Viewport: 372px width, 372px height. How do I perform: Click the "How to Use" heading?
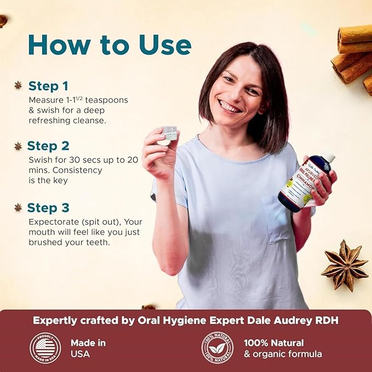click(x=110, y=45)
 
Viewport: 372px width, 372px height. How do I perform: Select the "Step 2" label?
click(x=49, y=146)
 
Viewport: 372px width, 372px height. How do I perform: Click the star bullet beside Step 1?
click(x=18, y=85)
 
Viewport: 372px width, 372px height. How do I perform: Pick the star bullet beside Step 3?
click(x=18, y=207)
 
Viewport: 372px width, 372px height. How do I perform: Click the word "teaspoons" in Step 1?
click(x=105, y=100)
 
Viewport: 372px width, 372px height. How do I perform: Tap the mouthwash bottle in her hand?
click(x=299, y=184)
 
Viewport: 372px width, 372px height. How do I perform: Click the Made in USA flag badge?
click(x=45, y=348)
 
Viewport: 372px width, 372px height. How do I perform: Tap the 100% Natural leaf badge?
click(x=217, y=348)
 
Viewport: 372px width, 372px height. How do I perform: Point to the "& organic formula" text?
click(x=283, y=354)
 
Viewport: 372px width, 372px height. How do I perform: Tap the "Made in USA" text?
click(x=88, y=348)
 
